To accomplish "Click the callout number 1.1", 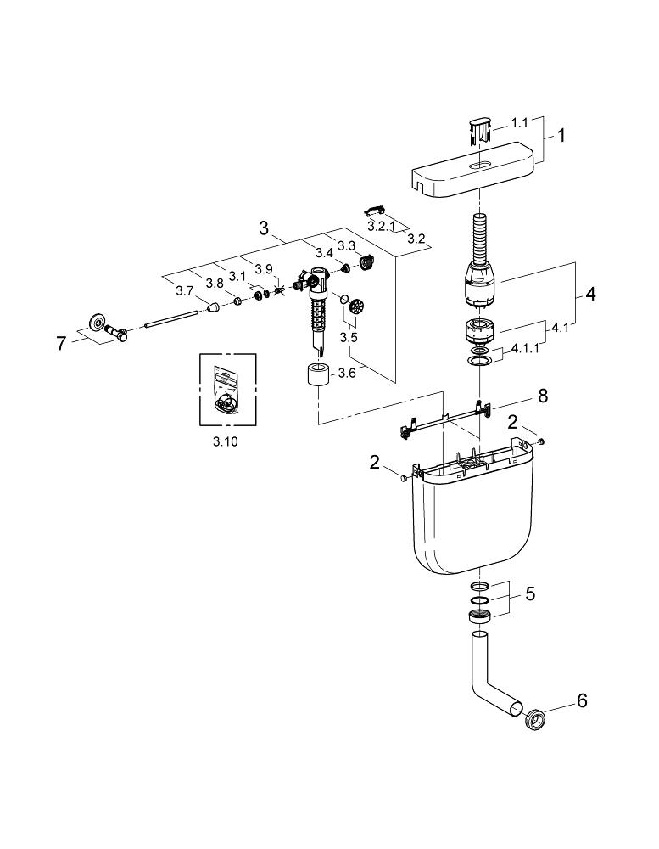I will pos(519,122).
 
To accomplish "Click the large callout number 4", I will pos(589,295).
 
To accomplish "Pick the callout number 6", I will pos(583,700).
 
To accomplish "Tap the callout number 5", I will pos(529,593).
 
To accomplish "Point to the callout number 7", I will pos(60,344).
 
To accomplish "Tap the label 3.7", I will pos(185,291).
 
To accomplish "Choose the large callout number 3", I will pos(264,228).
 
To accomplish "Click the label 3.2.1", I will pos(382,227).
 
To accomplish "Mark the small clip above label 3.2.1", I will pos(373,210).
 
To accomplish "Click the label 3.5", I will pos(349,337).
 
